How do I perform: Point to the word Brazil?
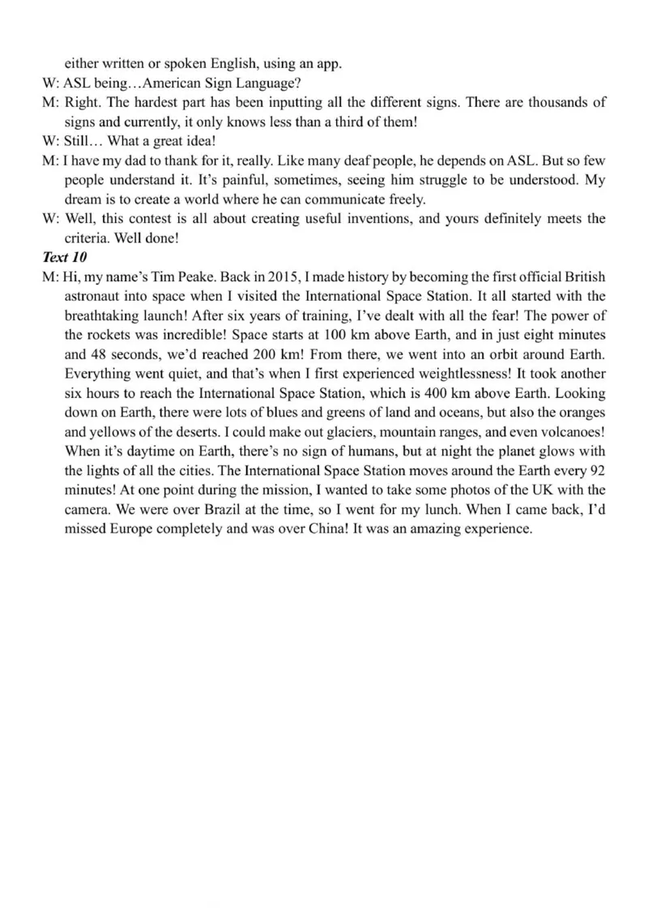pyautogui.click(x=215, y=510)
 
